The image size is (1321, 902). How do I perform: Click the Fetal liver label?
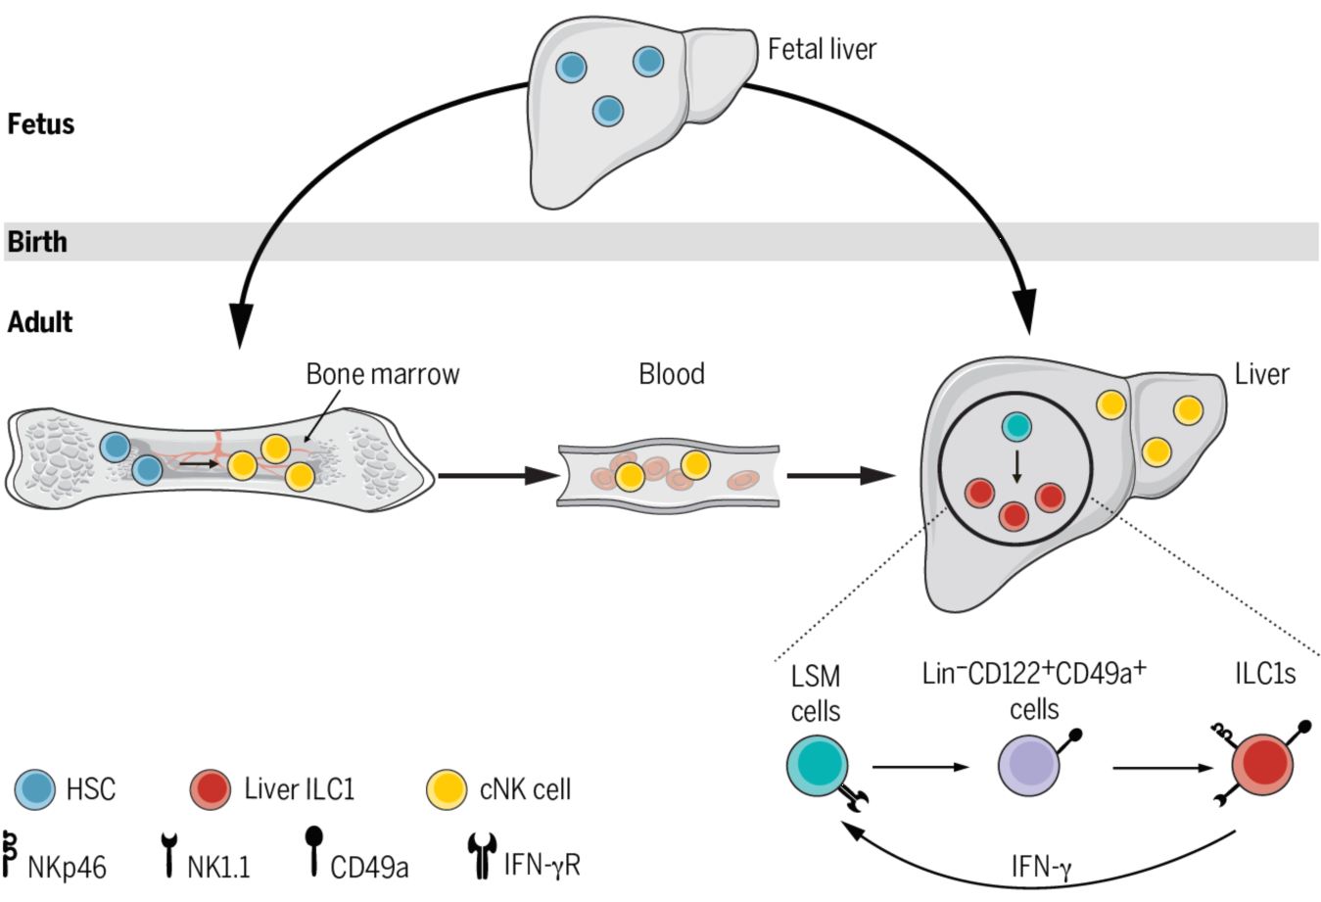click(x=822, y=49)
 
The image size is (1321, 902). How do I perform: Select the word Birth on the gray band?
click(x=37, y=242)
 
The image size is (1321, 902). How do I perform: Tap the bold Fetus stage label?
click(x=41, y=124)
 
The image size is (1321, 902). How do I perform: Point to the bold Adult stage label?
click(x=40, y=321)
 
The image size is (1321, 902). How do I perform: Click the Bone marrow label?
click(x=382, y=374)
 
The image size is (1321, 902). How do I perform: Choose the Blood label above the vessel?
click(x=671, y=374)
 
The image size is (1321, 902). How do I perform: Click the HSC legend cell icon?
click(x=35, y=789)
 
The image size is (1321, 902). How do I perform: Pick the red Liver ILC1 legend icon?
click(x=211, y=789)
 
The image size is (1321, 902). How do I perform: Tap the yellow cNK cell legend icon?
click(x=448, y=789)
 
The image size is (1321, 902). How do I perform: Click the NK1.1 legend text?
click(x=218, y=867)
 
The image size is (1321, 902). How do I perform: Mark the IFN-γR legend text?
click(x=542, y=864)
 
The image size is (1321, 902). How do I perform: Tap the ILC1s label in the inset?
click(x=1265, y=674)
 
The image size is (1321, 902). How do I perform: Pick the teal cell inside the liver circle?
click(x=1017, y=426)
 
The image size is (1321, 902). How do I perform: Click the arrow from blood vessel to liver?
click(x=840, y=476)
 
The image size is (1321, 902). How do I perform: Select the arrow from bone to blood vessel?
click(x=496, y=476)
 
